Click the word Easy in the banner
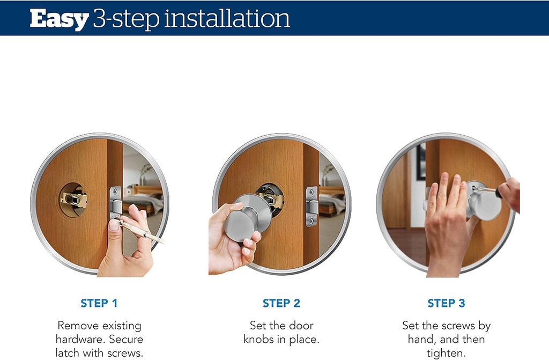(59, 19)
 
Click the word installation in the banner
(227, 19)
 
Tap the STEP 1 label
(99, 304)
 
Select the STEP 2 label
(281, 304)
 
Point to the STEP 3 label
(446, 304)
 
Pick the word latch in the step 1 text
(68, 352)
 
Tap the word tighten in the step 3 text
(447, 352)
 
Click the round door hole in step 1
(74, 200)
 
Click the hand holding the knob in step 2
(229, 236)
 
